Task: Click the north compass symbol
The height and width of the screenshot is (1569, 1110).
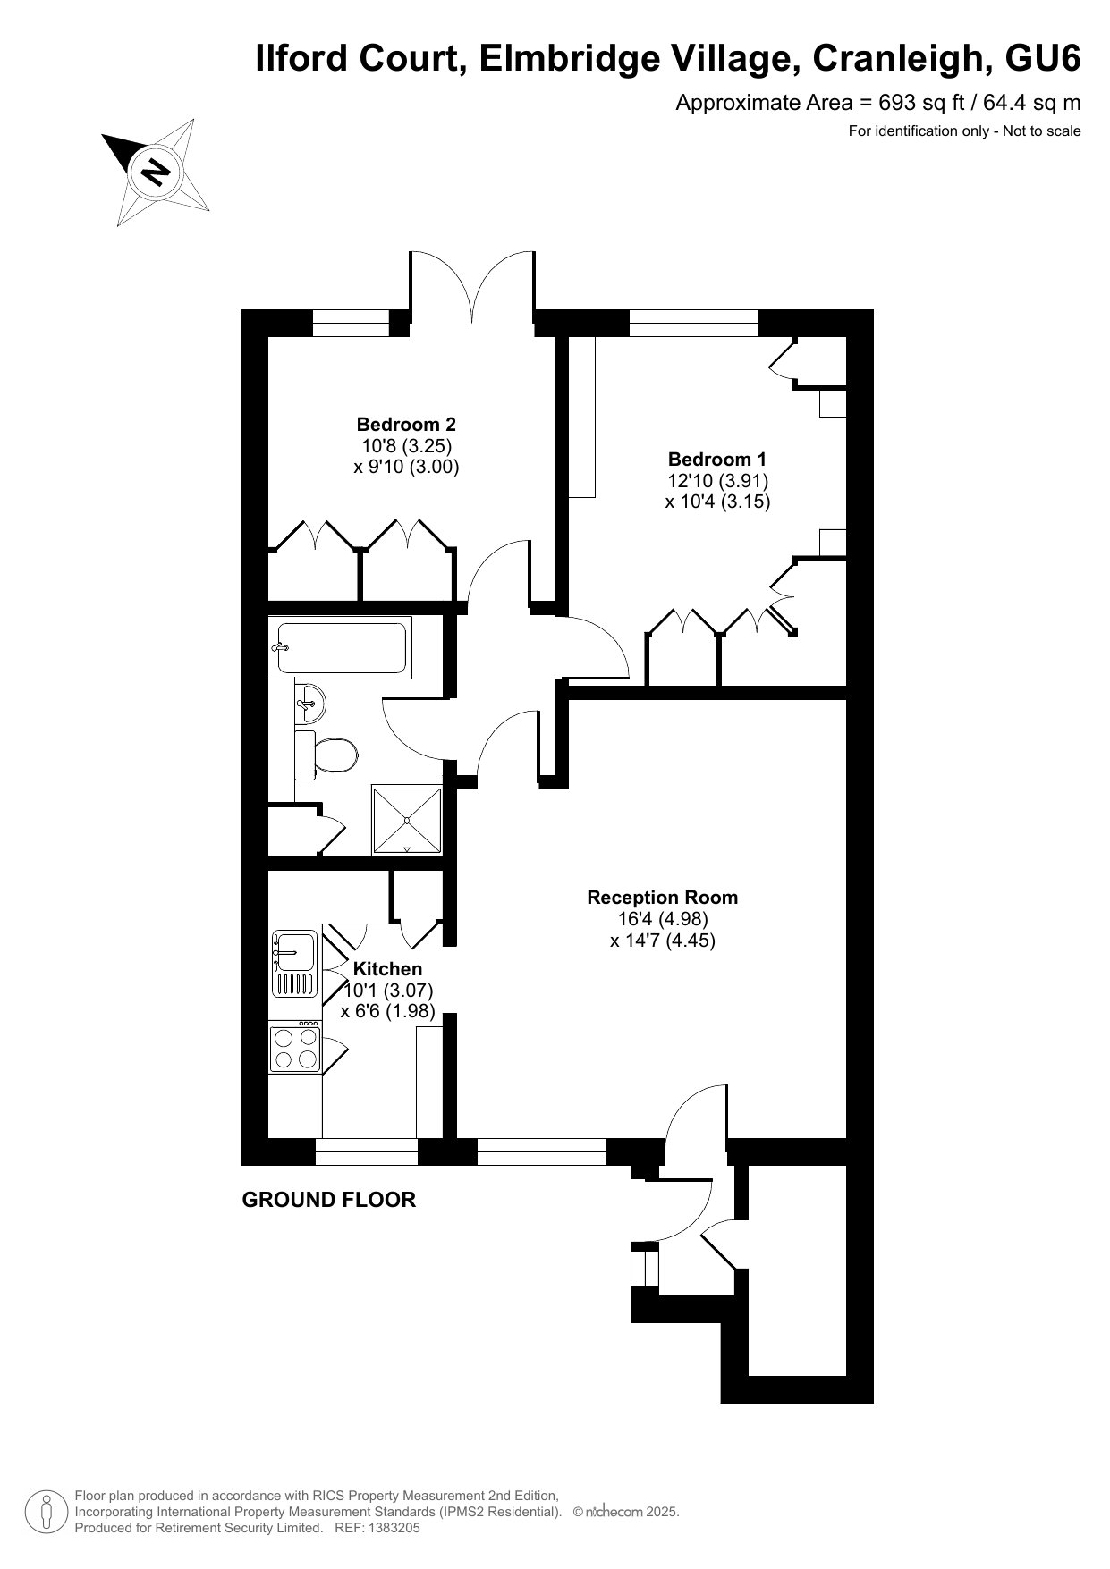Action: click(x=157, y=171)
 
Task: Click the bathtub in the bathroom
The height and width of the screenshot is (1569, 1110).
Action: click(x=341, y=647)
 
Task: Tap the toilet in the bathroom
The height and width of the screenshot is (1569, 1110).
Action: click(x=326, y=754)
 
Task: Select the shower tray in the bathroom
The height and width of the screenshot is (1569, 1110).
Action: click(x=407, y=820)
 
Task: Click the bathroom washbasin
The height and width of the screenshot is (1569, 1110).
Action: click(x=310, y=703)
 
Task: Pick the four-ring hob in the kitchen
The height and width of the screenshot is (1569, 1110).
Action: click(x=295, y=1047)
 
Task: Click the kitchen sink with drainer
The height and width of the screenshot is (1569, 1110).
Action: click(x=294, y=964)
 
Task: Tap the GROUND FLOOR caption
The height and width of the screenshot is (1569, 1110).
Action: click(x=329, y=1200)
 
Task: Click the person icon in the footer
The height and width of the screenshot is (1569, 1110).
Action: click(x=47, y=1512)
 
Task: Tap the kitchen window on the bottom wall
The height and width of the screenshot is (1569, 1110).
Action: click(x=367, y=1151)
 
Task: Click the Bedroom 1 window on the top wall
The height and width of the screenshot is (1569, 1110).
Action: click(x=694, y=323)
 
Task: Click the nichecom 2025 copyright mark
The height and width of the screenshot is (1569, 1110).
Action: click(x=626, y=1512)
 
